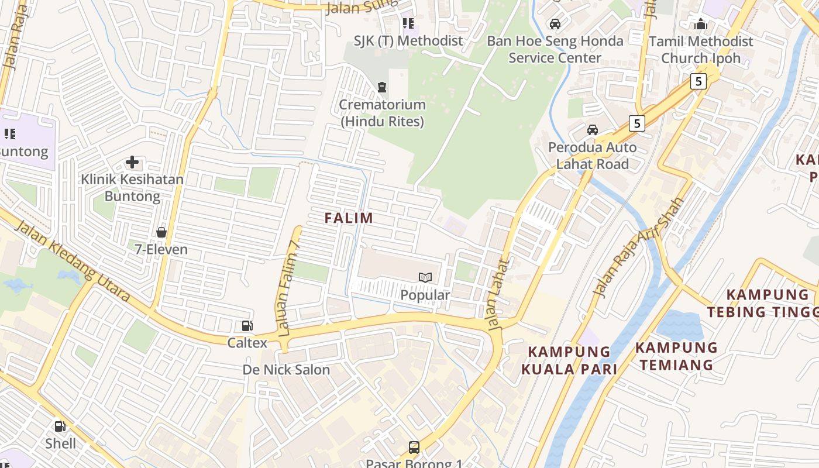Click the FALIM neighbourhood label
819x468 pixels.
pyautogui.click(x=349, y=218)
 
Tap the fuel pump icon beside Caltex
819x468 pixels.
pyautogui.click(x=247, y=326)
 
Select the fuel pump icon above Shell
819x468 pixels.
pyautogui.click(x=60, y=426)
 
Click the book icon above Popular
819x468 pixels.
pyautogui.click(x=425, y=277)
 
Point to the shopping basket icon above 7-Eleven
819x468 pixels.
pyautogui.click(x=161, y=232)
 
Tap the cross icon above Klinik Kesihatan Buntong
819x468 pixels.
pyautogui.click(x=132, y=162)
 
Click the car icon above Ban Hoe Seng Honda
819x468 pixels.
pyautogui.click(x=555, y=24)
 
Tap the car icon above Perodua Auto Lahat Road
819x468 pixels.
pyautogui.click(x=592, y=130)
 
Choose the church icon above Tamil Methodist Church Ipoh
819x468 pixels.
pyautogui.click(x=701, y=24)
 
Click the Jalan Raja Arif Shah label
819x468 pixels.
pyautogui.click(x=638, y=247)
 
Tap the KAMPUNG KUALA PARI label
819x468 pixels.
pyautogui.click(x=569, y=360)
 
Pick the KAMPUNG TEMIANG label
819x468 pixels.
pyautogui.click(x=676, y=356)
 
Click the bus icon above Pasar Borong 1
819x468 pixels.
pyautogui.click(x=414, y=448)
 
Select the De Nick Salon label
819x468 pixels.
pyautogui.click(x=286, y=370)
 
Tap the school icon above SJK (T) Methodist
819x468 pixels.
pyautogui.click(x=408, y=23)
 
